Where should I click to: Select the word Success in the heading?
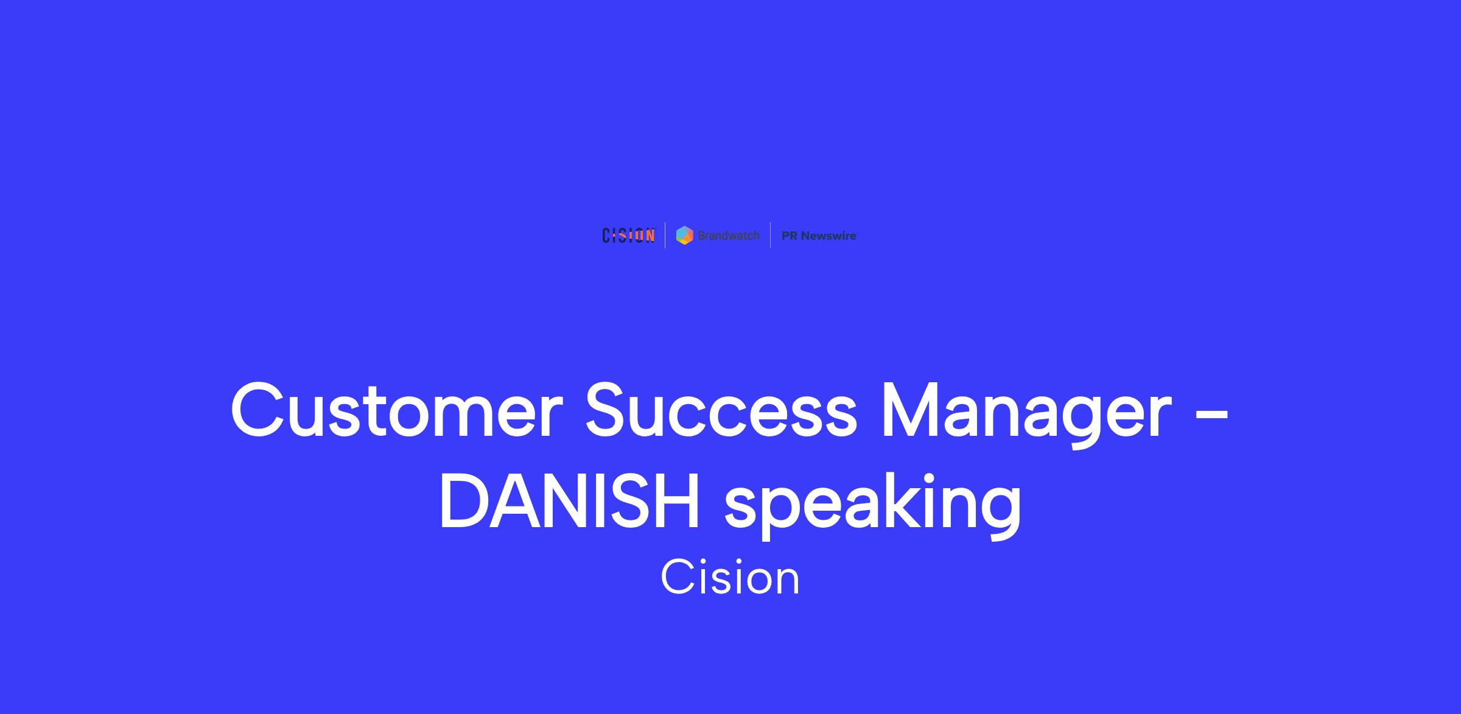pos(721,409)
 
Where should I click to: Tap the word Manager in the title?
pos(1026,415)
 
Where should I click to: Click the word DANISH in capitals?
pos(569,502)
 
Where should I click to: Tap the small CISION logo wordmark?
pos(629,236)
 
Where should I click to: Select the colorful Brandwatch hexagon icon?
pos(685,236)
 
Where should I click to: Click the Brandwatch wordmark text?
pos(729,236)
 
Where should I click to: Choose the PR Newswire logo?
pos(819,236)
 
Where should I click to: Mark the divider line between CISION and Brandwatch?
pos(665,236)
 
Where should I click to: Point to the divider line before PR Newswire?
pos(771,236)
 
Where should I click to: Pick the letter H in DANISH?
pos(676,502)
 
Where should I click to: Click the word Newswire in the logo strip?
pos(829,236)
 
